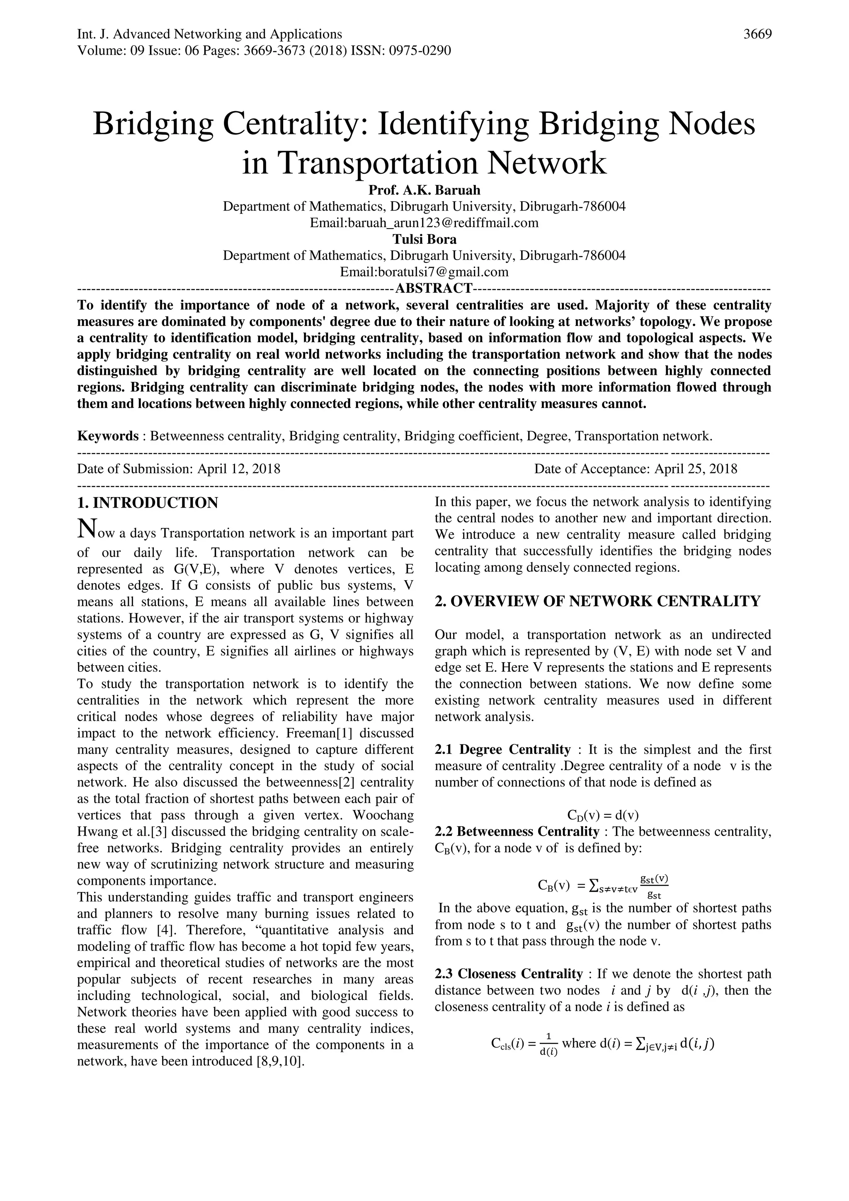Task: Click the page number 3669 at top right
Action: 757,34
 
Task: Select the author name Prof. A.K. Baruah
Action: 424,190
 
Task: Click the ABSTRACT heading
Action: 433,288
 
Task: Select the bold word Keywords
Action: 108,436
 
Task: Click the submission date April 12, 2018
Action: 238,469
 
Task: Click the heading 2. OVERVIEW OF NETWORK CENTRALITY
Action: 597,602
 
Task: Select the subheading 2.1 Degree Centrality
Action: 502,749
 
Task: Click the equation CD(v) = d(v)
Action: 603,815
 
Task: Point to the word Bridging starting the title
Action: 153,124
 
